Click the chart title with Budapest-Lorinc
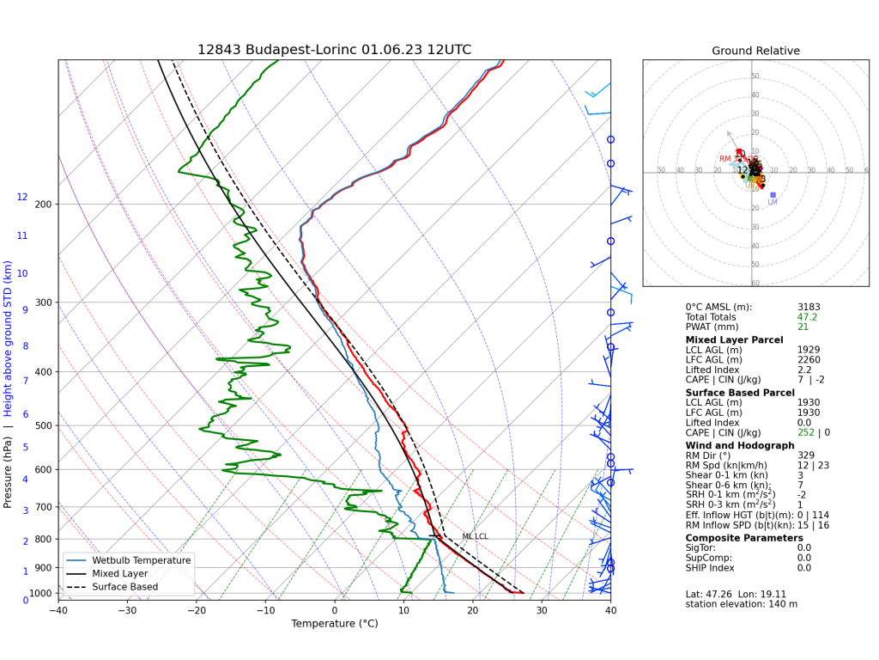[334, 50]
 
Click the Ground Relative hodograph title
[755, 51]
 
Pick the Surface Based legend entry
[124, 587]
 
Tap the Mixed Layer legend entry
[119, 573]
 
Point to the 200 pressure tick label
[43, 205]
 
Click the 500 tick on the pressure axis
[43, 425]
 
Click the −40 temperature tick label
[58, 610]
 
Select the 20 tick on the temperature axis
[472, 610]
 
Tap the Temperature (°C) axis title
[334, 624]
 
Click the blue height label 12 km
[22, 198]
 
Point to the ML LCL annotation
[475, 536]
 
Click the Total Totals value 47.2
[807, 317]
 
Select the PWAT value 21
[803, 327]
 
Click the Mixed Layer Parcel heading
[734, 339]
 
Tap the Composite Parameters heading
[744, 538]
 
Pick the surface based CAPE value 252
[804, 433]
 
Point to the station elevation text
[741, 604]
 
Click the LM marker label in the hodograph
[773, 202]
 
